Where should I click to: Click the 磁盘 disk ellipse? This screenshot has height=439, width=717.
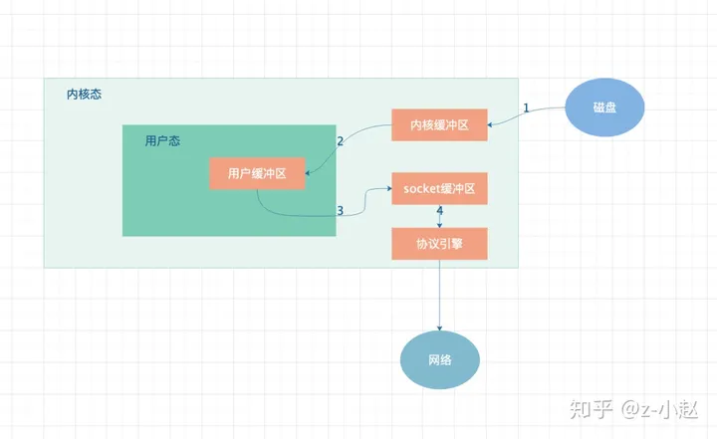(x=604, y=108)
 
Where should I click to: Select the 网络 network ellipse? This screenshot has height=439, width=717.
(x=440, y=360)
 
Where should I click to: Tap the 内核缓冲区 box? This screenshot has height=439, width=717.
(x=439, y=124)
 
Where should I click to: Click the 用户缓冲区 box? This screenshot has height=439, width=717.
(x=257, y=173)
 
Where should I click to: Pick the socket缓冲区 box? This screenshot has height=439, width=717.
(x=439, y=188)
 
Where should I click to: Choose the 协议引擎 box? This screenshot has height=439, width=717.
(x=439, y=244)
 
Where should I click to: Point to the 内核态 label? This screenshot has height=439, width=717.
(x=84, y=95)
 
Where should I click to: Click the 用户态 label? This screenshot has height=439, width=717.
(x=162, y=140)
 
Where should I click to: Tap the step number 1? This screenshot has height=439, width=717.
(x=526, y=108)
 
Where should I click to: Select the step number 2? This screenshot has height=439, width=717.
(x=340, y=141)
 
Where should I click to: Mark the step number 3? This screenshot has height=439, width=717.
(x=340, y=210)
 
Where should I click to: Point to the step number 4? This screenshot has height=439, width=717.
(x=440, y=210)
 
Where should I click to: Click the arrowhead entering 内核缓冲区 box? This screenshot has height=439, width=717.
(x=490, y=124)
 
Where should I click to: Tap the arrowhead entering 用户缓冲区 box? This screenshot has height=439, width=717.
(x=308, y=173)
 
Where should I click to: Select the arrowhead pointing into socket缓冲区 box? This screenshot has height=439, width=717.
(x=389, y=188)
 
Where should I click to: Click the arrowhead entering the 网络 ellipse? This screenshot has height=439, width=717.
(x=439, y=329)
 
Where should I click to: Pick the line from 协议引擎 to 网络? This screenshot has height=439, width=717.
(x=439, y=295)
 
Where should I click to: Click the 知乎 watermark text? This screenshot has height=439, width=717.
(x=591, y=409)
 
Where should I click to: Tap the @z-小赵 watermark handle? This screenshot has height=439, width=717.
(x=660, y=409)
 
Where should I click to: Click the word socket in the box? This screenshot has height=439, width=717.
(x=421, y=188)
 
